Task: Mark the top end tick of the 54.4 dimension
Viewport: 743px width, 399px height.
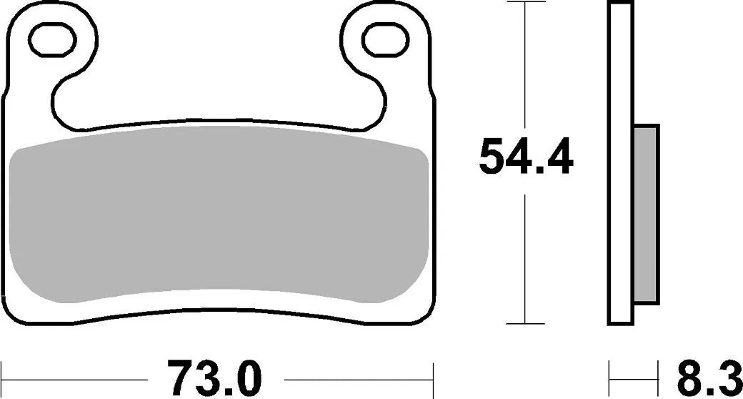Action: pyautogui.click(x=526, y=3)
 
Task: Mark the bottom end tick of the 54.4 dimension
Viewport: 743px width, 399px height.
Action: pyautogui.click(x=526, y=324)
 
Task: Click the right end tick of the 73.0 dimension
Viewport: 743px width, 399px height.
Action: pyautogui.click(x=434, y=372)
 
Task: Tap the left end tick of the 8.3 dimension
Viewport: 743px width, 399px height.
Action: pyautogui.click(x=609, y=372)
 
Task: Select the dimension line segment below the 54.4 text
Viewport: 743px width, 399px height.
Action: pyautogui.click(x=526, y=257)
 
